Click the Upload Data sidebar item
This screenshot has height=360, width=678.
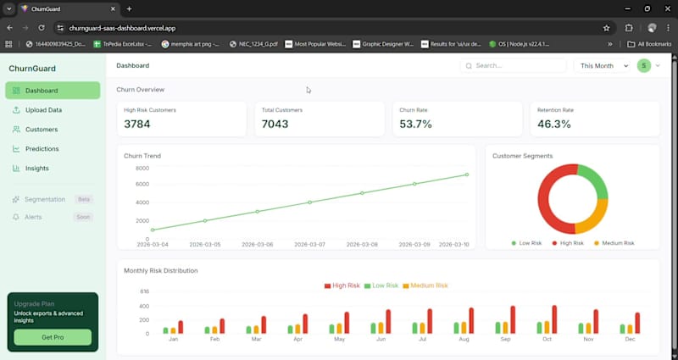(x=42, y=110)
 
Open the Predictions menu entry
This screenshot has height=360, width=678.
(x=42, y=149)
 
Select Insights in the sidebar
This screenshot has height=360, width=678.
(x=36, y=169)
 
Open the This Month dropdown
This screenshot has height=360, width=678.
(x=603, y=65)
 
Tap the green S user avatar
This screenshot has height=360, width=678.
(x=644, y=65)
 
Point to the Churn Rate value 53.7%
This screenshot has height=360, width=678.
(x=416, y=125)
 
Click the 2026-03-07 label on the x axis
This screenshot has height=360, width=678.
(x=310, y=244)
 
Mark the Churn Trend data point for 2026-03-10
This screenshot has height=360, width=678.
(x=467, y=174)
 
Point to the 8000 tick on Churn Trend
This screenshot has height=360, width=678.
(x=142, y=169)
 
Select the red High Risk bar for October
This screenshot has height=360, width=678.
(x=554, y=319)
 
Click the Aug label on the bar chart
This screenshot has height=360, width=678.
(x=463, y=340)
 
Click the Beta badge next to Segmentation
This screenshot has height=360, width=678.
(x=83, y=199)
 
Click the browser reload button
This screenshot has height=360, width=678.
(x=41, y=28)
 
